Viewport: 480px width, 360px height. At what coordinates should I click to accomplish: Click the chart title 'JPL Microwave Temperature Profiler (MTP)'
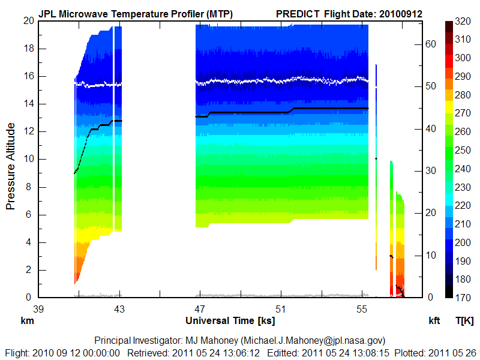[136, 13]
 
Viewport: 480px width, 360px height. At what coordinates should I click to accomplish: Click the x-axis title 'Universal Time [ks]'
[230, 320]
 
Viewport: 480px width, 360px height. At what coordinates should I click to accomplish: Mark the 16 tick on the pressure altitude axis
[27, 76]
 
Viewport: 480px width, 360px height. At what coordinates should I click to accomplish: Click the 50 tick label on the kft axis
[428, 86]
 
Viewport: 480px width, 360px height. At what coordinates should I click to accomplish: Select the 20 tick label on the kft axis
[428, 213]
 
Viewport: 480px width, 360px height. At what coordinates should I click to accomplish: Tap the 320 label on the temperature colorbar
[463, 20]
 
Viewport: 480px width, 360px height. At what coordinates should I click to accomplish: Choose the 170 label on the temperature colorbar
[463, 298]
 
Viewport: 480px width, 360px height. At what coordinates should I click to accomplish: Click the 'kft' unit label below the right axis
[434, 321]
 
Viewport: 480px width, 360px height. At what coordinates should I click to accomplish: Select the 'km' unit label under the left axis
[27, 321]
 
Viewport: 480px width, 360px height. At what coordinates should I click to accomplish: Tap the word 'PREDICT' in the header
[298, 13]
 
